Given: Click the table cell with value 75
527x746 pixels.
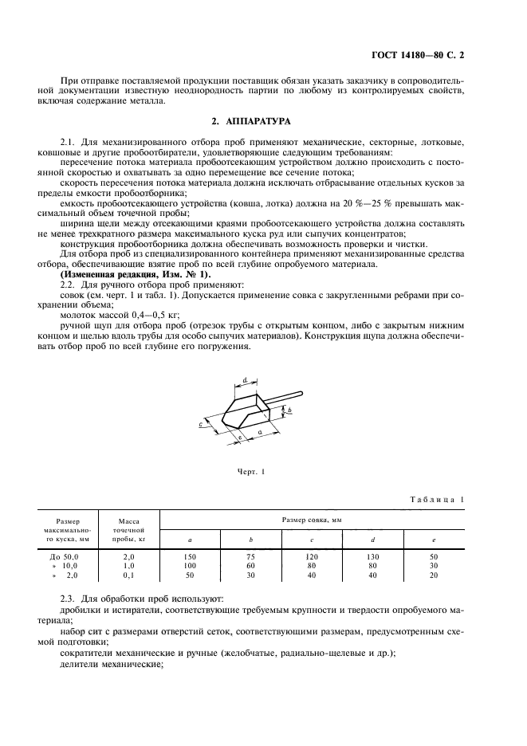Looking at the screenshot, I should [x=250, y=555].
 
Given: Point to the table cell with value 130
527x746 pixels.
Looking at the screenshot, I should [x=373, y=555].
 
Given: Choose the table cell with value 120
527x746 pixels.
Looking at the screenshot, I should [x=312, y=555].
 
